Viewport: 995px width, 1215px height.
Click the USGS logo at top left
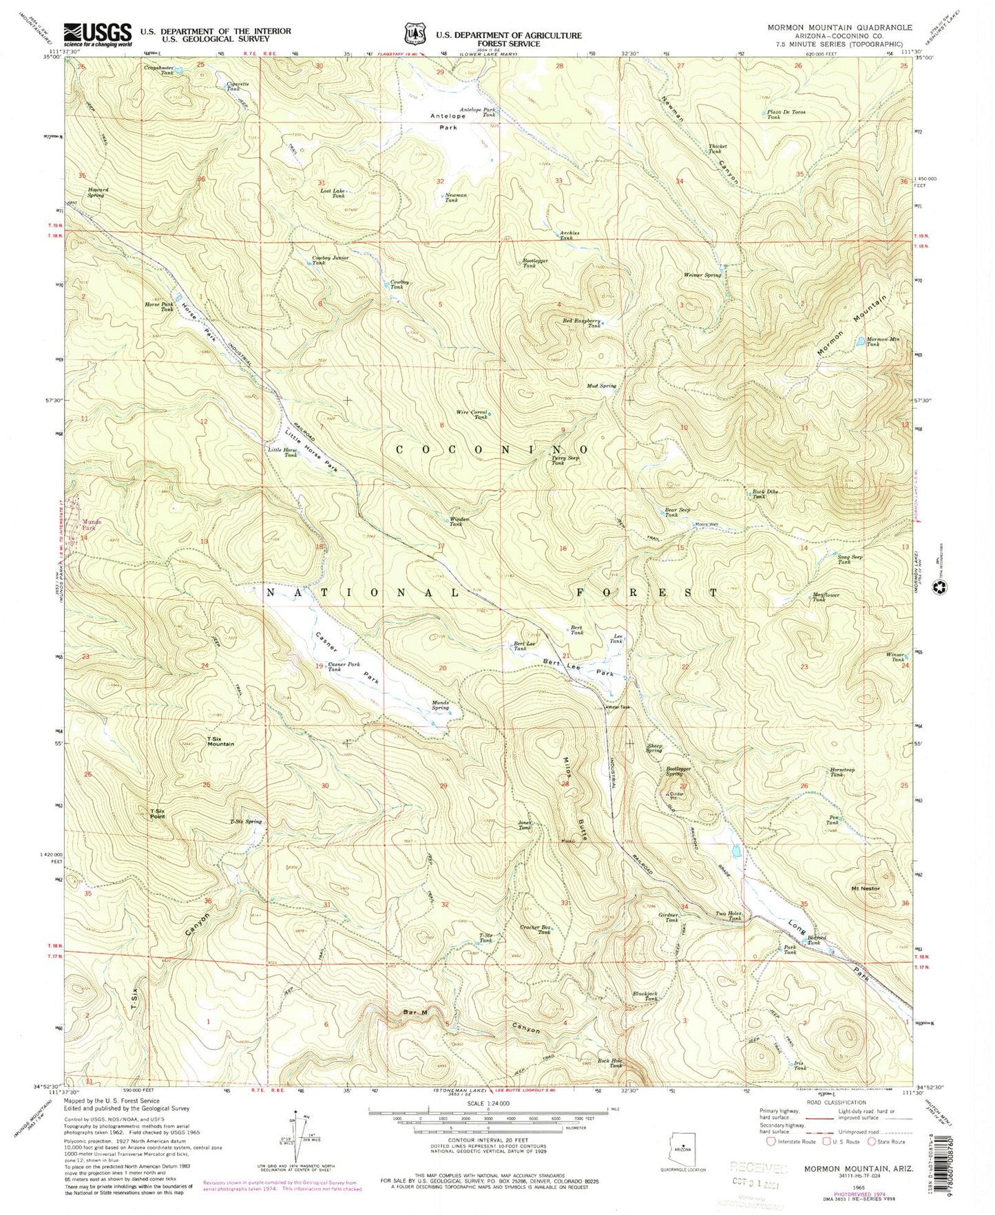pos(97,34)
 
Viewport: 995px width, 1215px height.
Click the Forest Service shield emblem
pos(412,34)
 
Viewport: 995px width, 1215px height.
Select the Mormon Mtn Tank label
pos(872,341)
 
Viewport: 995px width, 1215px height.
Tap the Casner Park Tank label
pos(344,667)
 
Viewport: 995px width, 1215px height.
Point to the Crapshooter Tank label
pos(158,70)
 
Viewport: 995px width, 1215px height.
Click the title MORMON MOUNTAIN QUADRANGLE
pos(839,28)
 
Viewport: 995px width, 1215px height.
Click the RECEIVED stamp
pos(757,1168)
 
